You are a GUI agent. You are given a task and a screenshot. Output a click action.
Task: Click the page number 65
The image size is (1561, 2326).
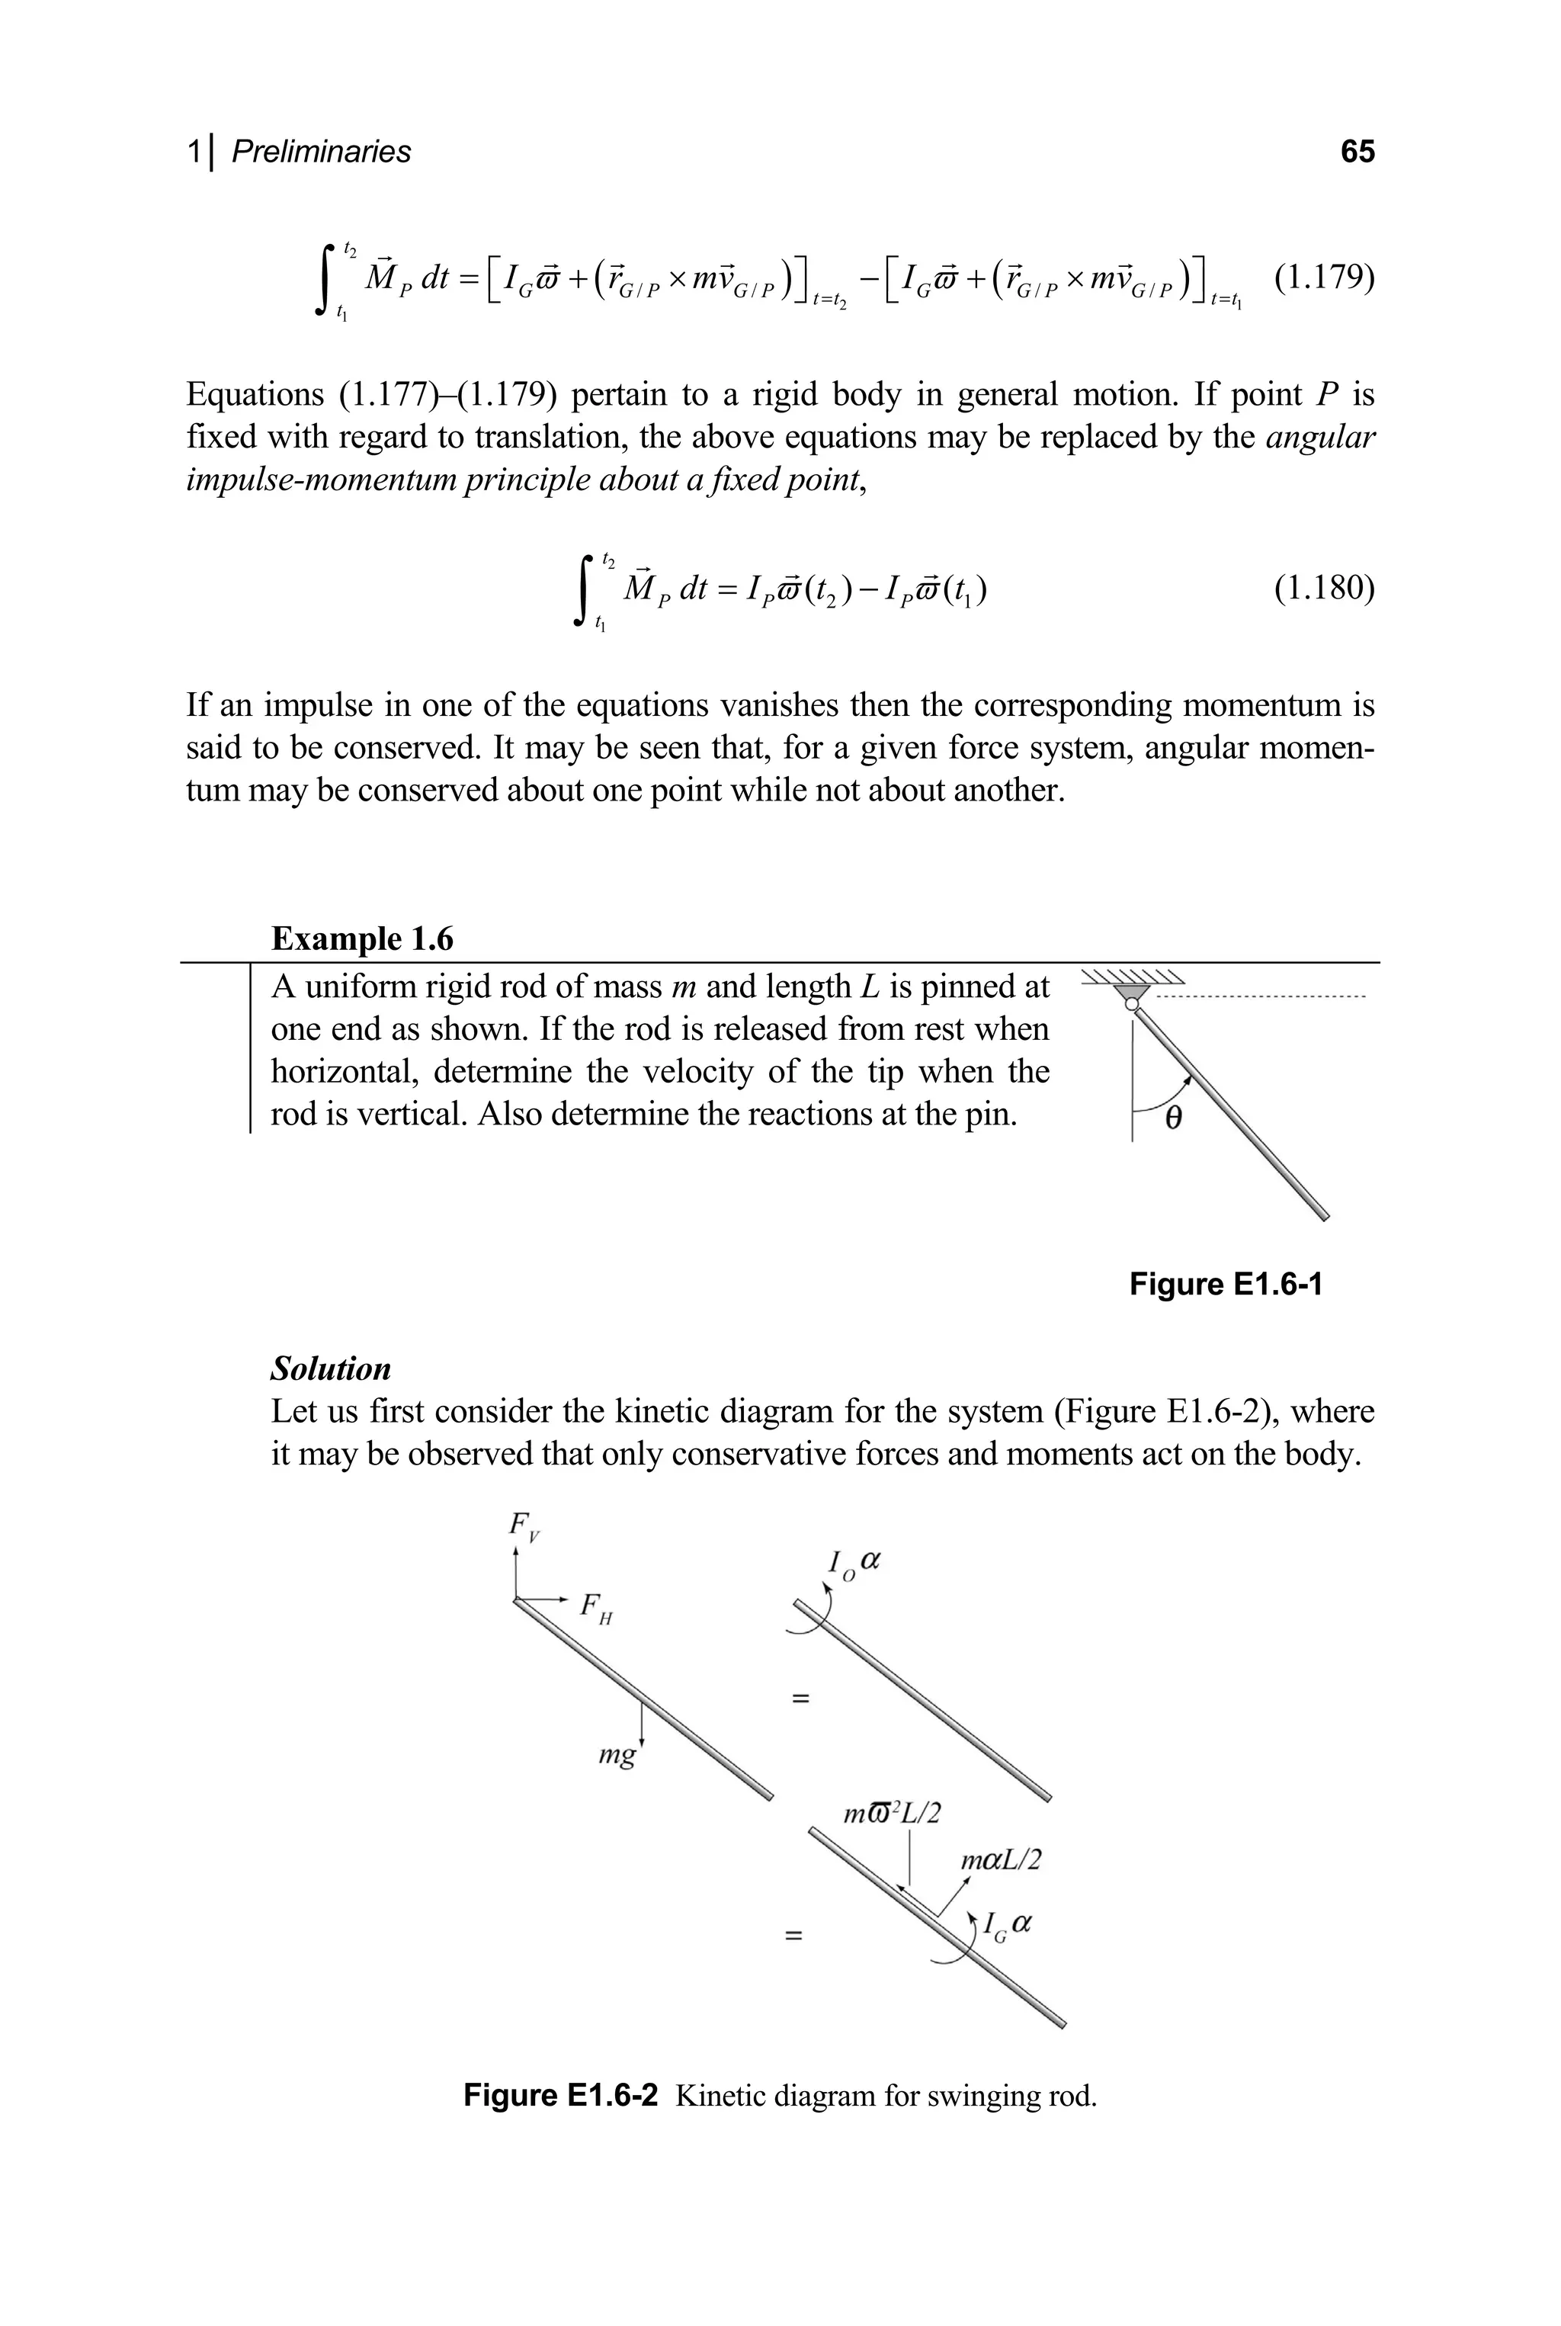1357,152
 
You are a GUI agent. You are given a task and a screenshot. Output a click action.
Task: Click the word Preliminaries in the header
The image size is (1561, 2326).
321,152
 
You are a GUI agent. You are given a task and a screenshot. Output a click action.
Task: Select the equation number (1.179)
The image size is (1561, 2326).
1323,278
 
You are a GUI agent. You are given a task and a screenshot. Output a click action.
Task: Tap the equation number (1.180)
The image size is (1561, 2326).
1323,589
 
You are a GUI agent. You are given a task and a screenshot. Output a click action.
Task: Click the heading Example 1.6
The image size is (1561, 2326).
362,938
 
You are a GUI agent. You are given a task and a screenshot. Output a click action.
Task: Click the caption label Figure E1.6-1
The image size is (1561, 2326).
1226,1285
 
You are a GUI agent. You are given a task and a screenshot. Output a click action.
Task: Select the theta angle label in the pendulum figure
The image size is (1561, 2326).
1173,1119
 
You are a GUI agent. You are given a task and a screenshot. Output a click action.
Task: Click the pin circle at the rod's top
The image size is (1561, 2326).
1131,1005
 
